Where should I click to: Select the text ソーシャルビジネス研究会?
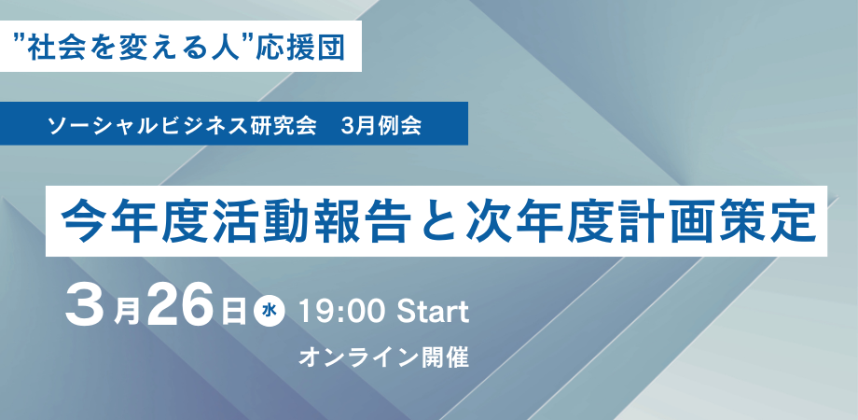pos(183,127)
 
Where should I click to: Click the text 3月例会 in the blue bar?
pos(381,127)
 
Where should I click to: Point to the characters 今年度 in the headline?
pos(130,219)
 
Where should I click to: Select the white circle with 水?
pos(270,313)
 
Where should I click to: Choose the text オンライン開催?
pos(383,357)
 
